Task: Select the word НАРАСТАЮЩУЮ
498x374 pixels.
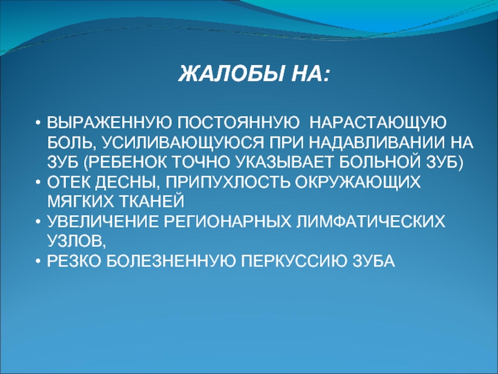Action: click(378, 123)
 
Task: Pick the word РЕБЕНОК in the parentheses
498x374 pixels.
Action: click(128, 163)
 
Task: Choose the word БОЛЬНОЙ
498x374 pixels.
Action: click(380, 162)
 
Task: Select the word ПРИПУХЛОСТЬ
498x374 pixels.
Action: click(228, 182)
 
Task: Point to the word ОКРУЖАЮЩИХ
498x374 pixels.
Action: click(357, 183)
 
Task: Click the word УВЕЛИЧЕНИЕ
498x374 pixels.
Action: click(103, 222)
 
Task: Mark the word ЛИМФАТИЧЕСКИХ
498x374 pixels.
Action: click(370, 222)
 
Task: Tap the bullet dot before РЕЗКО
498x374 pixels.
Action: click(38, 262)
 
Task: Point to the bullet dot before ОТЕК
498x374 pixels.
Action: click(38, 183)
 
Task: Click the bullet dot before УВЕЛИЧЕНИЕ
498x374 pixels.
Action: click(38, 222)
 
